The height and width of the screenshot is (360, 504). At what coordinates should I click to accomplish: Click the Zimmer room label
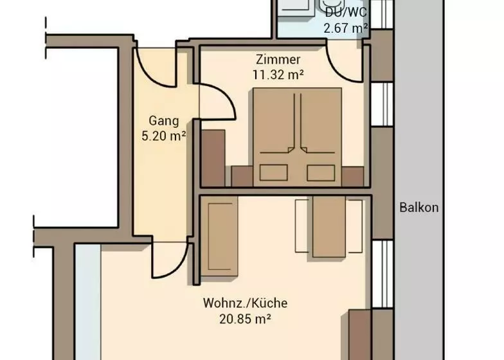278,59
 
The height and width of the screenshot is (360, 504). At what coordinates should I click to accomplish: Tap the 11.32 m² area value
278,75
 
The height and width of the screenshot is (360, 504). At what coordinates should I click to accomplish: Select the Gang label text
163,121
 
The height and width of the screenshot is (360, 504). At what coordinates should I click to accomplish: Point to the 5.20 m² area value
163,136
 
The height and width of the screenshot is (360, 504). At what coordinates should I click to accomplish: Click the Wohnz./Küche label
246,303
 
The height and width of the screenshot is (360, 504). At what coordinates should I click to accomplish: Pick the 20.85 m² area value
246,319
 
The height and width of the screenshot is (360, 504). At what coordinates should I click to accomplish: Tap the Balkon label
419,207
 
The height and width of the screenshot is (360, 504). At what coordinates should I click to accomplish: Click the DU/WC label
346,13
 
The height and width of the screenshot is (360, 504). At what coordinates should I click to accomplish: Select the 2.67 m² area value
346,28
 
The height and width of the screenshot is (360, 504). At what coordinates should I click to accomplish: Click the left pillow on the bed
274,172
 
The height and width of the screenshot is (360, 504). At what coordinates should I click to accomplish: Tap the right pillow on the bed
321,172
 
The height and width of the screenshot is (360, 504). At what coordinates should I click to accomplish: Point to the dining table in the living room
329,226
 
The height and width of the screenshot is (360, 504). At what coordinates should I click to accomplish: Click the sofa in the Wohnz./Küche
219,237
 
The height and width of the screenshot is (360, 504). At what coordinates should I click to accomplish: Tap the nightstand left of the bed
242,176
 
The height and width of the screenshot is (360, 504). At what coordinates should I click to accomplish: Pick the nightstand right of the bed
352,176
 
